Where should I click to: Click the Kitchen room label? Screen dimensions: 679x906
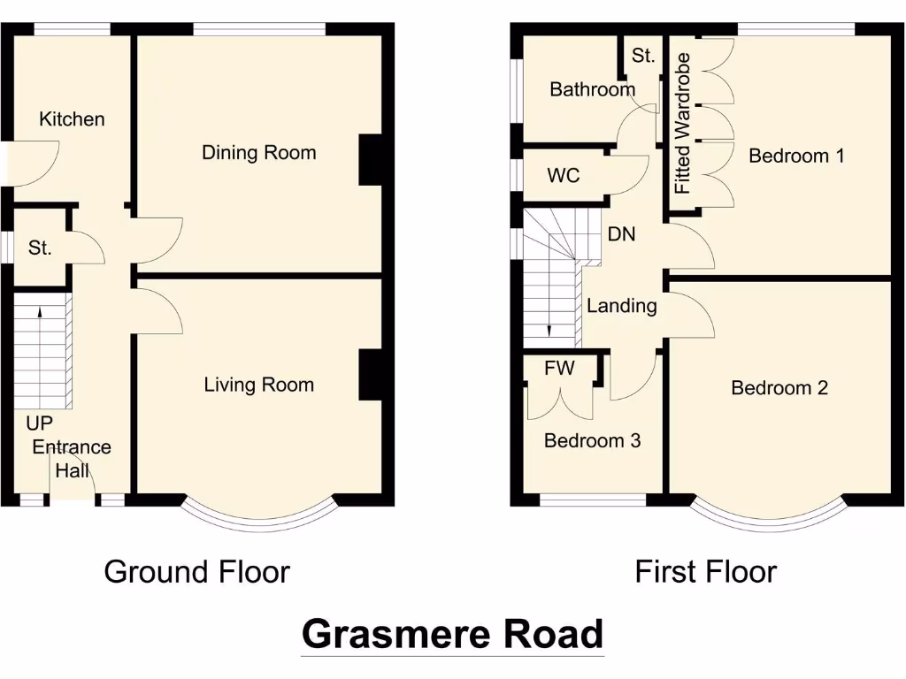(x=72, y=119)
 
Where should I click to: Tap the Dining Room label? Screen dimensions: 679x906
(x=258, y=153)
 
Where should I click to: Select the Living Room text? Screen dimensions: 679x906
(x=258, y=385)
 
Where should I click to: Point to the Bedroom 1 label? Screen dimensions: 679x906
(x=796, y=156)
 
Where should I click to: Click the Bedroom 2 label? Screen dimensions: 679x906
(x=779, y=388)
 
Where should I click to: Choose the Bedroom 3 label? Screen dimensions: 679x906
(x=592, y=441)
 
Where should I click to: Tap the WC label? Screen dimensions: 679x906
(x=564, y=176)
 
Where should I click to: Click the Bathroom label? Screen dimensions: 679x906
(x=592, y=89)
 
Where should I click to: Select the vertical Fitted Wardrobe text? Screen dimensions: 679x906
(x=682, y=124)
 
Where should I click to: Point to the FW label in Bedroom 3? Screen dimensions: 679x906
(x=559, y=369)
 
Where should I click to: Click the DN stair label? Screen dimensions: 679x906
(x=621, y=235)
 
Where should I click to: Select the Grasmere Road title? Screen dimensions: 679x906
(x=452, y=634)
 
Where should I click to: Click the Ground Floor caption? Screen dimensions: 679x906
(x=196, y=572)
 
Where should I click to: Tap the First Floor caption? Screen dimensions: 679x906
(x=705, y=572)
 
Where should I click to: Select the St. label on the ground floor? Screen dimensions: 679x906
(x=40, y=248)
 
